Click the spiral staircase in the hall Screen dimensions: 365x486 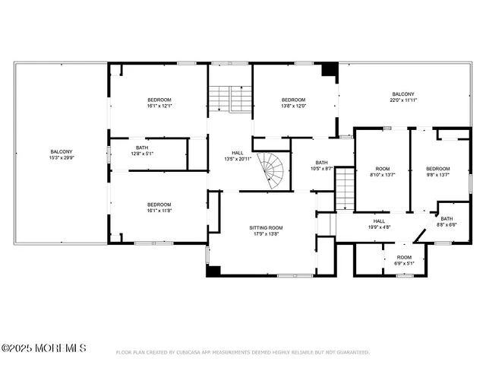tap(271, 172)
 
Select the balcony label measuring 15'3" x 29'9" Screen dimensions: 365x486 tap(61, 154)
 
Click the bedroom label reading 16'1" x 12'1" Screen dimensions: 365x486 tap(159, 103)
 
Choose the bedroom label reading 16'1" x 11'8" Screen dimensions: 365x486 tap(159, 207)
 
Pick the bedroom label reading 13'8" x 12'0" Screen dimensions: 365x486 tap(293, 103)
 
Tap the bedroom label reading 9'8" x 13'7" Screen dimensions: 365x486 tap(437, 171)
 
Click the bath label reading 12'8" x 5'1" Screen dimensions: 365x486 tap(142, 151)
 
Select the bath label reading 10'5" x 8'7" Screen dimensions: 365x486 tap(322, 165)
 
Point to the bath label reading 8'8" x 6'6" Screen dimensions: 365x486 tap(447, 221)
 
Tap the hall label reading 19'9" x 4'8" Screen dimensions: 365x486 tap(379, 224)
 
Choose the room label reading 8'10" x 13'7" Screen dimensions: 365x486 tap(382, 171)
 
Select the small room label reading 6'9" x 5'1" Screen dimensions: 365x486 tap(404, 260)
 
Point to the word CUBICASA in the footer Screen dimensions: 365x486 tap(188, 352)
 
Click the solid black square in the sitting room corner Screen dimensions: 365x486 tap(213, 270)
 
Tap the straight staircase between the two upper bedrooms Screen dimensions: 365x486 tap(219, 99)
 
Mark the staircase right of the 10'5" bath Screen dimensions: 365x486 tap(345, 190)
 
